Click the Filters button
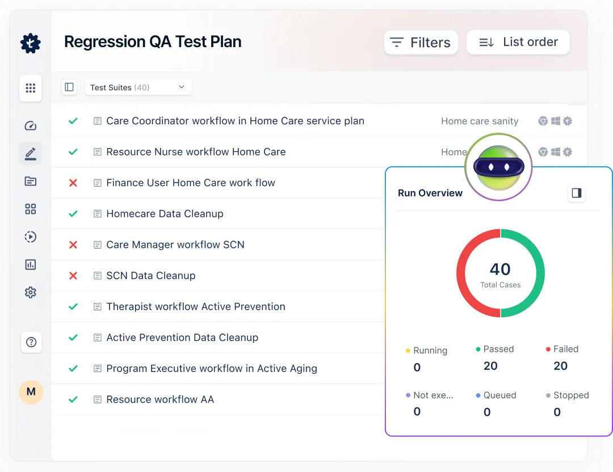click(x=421, y=43)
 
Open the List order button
click(x=518, y=43)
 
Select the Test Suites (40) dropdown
click(x=138, y=87)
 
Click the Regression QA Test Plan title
click(x=153, y=42)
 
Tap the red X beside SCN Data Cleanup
click(x=73, y=276)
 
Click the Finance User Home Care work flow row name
click(x=190, y=183)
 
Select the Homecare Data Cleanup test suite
click(x=165, y=214)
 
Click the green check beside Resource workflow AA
click(x=73, y=399)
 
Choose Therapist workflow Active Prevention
click(x=195, y=307)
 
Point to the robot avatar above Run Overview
click(x=498, y=167)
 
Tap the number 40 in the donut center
click(x=500, y=269)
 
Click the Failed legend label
click(x=565, y=349)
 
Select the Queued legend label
click(x=499, y=395)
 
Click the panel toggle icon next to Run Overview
click(x=577, y=193)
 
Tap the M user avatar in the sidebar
click(x=31, y=392)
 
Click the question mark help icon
click(x=31, y=342)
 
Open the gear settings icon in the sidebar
click(x=31, y=293)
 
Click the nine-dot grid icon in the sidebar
click(x=31, y=88)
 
